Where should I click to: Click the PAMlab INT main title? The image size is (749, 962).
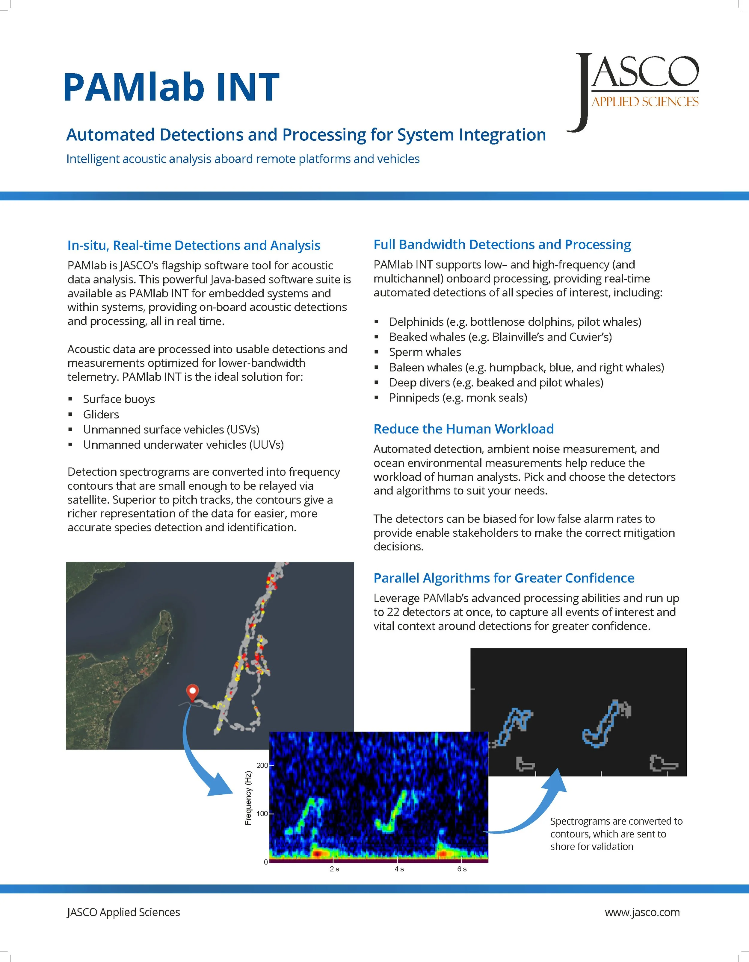(171, 87)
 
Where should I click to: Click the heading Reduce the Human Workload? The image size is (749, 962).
(463, 429)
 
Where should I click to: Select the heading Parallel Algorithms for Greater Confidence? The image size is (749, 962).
(503, 578)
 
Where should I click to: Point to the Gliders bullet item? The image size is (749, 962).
(101, 415)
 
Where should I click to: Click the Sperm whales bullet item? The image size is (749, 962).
(425, 352)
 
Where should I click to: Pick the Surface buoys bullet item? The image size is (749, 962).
(119, 399)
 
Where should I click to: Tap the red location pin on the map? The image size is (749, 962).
(192, 692)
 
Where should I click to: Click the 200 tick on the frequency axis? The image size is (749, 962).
(262, 766)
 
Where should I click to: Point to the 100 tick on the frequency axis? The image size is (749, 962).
(262, 814)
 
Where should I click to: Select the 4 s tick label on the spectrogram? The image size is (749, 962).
(399, 869)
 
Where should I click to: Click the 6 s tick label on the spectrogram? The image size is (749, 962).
(462, 869)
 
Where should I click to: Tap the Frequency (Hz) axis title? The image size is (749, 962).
(248, 798)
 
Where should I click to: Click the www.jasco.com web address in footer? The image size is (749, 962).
(642, 912)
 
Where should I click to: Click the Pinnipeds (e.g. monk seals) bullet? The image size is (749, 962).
(457, 398)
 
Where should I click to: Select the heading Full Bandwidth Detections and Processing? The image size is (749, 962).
(502, 245)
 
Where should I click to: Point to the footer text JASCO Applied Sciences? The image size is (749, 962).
(123, 912)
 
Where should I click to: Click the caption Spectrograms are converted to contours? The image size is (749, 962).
(616, 834)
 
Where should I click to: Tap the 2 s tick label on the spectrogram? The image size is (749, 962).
(334, 869)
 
